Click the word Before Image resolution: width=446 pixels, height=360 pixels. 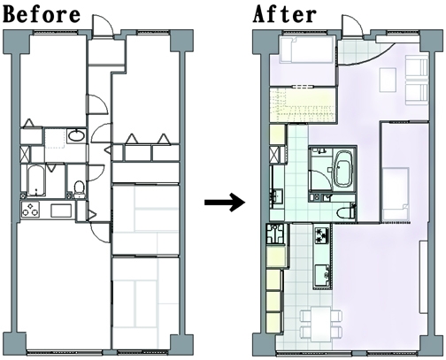coord(42,14)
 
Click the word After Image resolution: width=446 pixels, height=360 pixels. coord(285,14)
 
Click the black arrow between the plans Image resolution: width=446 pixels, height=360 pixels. coord(225,203)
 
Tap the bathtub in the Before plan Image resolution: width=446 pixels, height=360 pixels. coord(36,180)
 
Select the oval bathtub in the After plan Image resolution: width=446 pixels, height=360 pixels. coord(343,169)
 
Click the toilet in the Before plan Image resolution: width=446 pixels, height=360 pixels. coord(79,189)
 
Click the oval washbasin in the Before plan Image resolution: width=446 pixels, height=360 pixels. coord(76,135)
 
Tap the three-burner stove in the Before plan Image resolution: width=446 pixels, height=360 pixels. coord(30,209)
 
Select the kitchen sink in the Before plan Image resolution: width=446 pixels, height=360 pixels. coord(61,211)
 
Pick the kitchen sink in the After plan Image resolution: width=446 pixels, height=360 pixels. coord(322,275)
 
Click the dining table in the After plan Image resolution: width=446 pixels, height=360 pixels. coord(321,322)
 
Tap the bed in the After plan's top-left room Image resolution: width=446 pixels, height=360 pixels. coord(307,50)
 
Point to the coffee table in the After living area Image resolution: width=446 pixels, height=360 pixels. coord(388,80)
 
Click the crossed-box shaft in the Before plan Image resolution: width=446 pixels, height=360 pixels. coord(25,154)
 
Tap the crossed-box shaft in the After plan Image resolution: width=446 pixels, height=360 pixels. coord(274,154)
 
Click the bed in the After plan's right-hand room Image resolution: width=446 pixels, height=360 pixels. coord(396,193)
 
